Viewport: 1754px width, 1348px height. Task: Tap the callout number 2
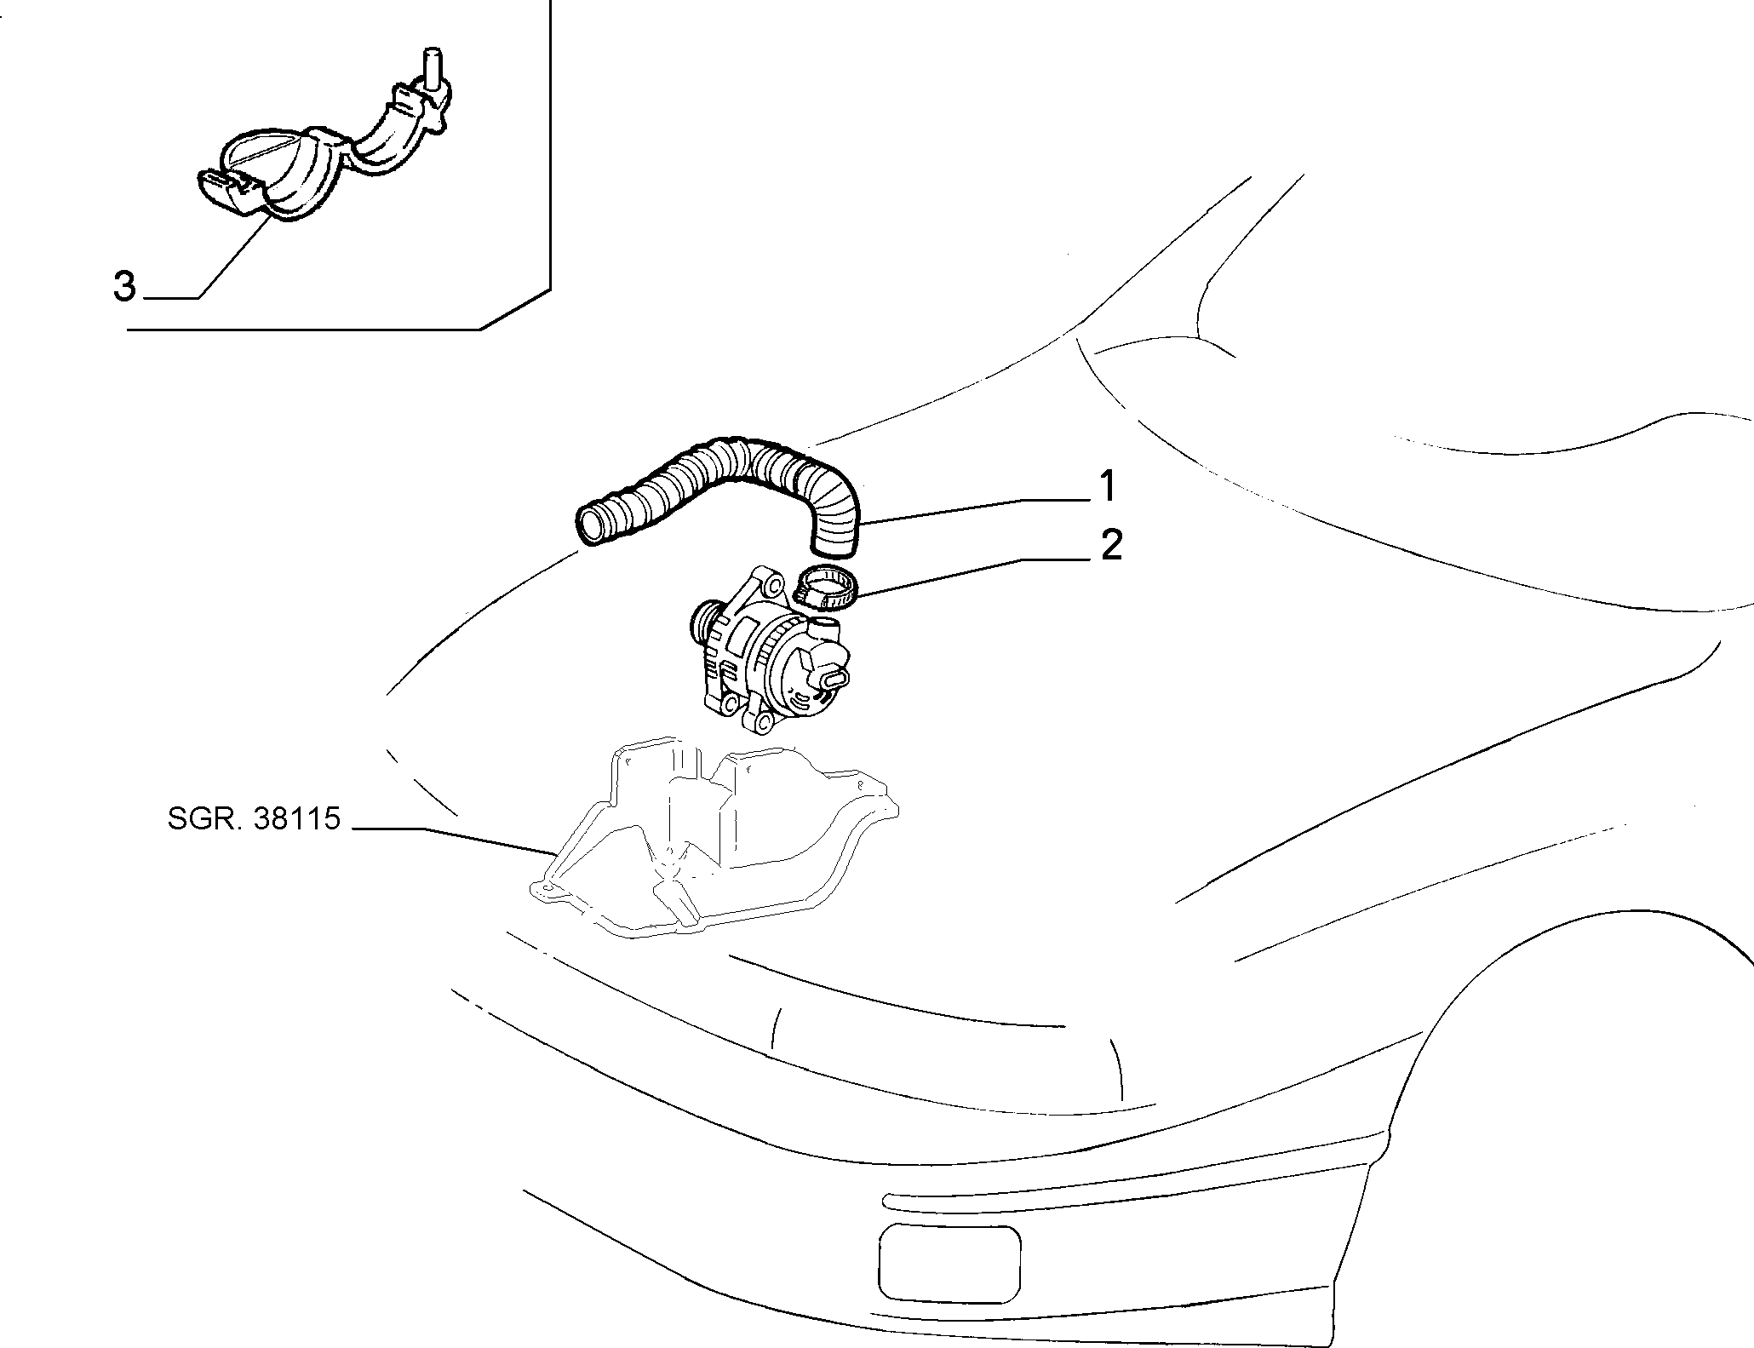(1110, 546)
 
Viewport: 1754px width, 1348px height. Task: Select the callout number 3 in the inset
(124, 287)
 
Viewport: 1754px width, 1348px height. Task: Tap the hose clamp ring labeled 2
(825, 588)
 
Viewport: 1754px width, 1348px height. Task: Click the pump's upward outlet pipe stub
(824, 630)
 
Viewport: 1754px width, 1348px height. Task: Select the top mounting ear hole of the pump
(772, 586)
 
